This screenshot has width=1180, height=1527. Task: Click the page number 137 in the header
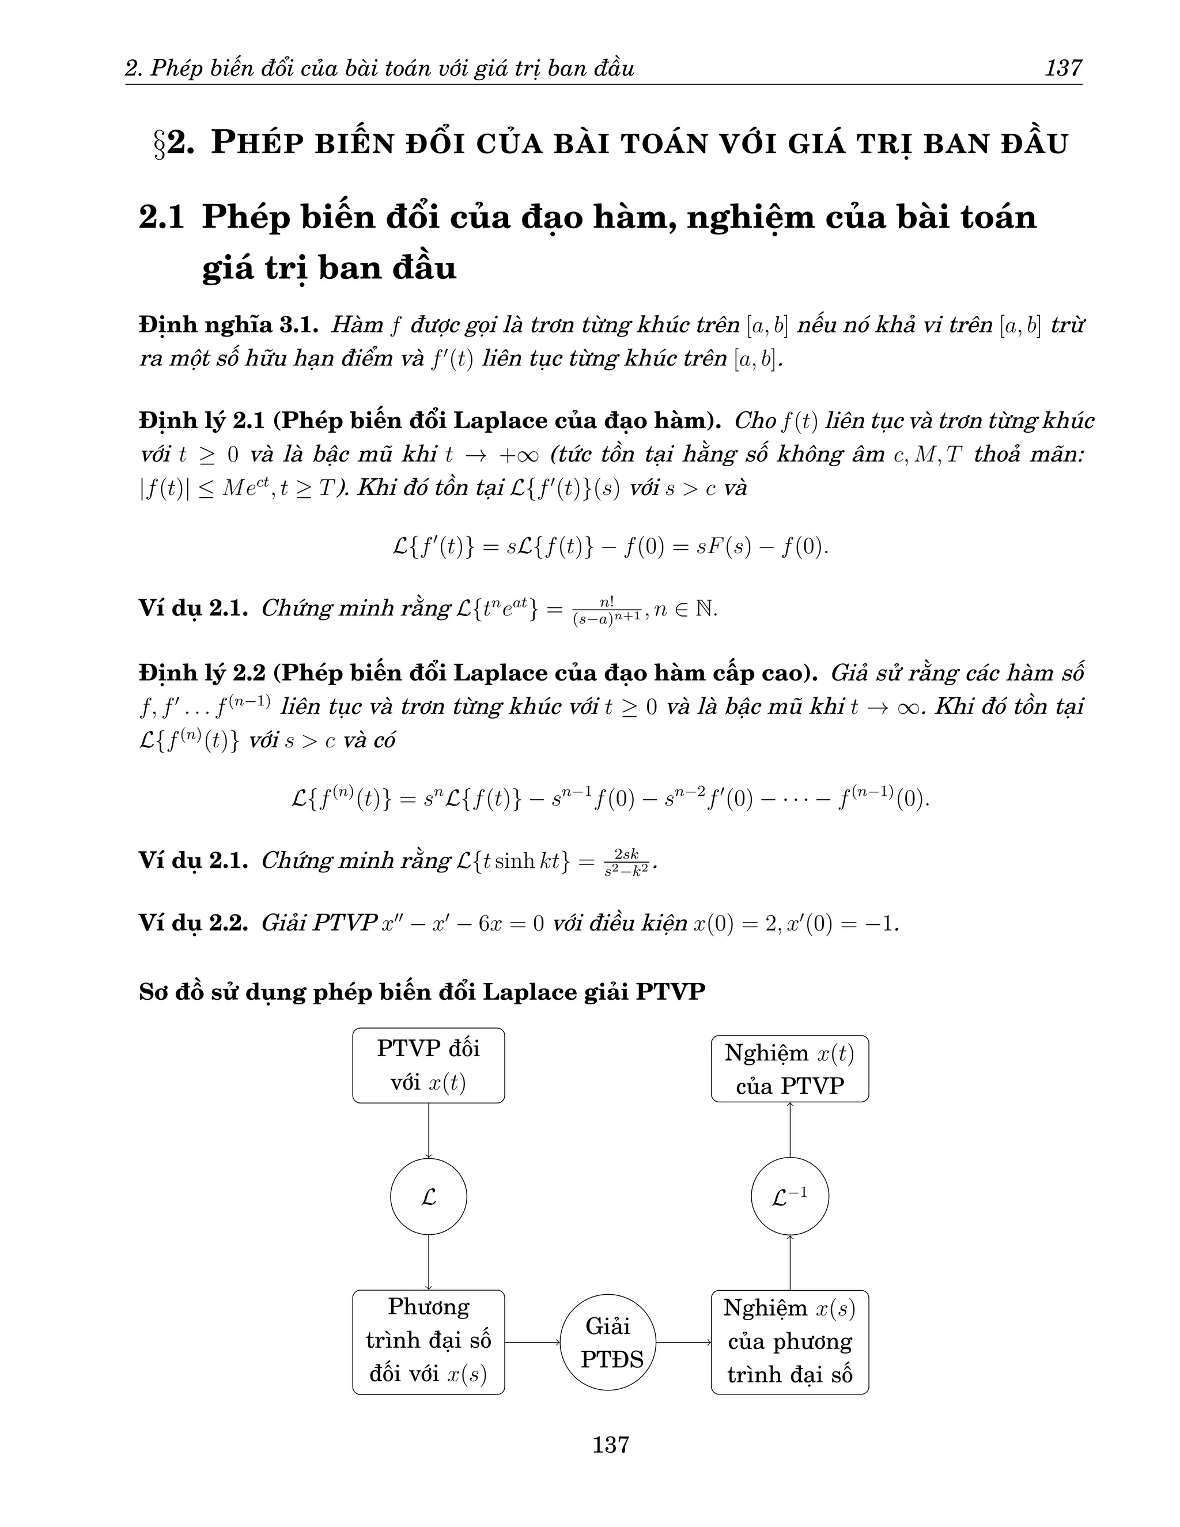[1062, 69]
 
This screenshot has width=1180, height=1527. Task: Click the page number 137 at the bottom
[610, 1444]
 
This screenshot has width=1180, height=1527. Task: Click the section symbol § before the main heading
[160, 144]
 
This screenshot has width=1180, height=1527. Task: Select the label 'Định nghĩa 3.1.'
[229, 325]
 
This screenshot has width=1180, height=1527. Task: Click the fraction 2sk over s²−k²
[626, 862]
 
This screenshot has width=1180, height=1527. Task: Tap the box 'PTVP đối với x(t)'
[428, 1065]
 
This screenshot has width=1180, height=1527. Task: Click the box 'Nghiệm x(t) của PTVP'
[789, 1069]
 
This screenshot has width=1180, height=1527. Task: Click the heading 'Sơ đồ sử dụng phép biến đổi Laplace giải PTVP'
[422, 992]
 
